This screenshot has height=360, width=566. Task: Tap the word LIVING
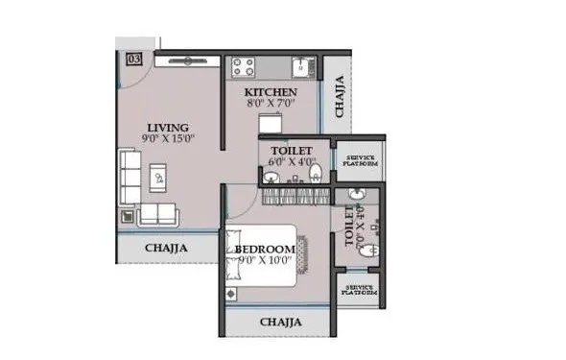click(167, 128)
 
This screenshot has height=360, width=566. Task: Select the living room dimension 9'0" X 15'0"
click(170, 138)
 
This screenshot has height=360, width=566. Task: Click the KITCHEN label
click(262, 92)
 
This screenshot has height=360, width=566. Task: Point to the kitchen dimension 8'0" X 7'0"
click(262, 103)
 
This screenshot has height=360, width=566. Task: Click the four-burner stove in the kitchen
click(244, 67)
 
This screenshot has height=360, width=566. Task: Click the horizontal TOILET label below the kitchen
click(289, 151)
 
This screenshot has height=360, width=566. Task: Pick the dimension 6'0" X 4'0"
click(291, 162)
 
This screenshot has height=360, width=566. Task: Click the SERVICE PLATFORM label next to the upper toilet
click(361, 160)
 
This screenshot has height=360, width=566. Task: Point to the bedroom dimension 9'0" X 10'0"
click(263, 260)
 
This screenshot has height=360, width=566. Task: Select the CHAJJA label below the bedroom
click(281, 322)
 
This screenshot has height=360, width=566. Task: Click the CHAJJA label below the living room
click(166, 248)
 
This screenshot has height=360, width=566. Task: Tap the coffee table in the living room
click(159, 177)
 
